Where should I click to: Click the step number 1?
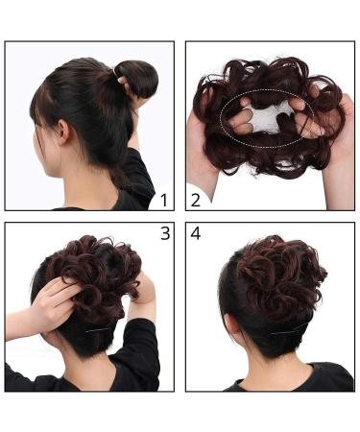164,201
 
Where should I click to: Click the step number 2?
195,200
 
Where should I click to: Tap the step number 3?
165,233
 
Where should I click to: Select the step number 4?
196,233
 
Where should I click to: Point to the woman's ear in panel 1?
64,132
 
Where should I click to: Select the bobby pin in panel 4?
285,332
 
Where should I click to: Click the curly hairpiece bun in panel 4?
279,276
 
